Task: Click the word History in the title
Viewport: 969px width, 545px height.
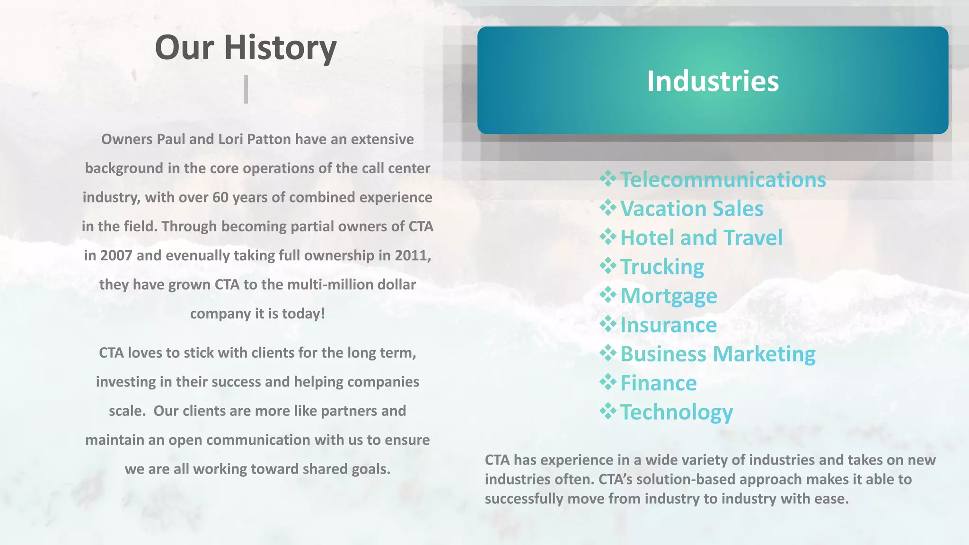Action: tap(280, 48)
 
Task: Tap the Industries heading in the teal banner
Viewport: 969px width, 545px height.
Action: tap(713, 81)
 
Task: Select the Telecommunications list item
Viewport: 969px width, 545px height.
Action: tap(722, 180)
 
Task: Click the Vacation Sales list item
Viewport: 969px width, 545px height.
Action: tap(691, 209)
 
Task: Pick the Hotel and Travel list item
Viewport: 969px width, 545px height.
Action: tap(701, 237)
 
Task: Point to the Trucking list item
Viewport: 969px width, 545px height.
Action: tap(662, 267)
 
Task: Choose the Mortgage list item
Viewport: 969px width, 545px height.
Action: tap(669, 296)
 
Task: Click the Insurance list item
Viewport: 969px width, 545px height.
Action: tap(668, 325)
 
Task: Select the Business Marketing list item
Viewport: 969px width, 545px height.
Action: tap(718, 354)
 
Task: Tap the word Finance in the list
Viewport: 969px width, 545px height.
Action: tap(658, 383)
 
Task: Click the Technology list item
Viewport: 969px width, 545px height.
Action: tap(676, 412)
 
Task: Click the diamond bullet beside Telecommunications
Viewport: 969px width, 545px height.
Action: tap(608, 178)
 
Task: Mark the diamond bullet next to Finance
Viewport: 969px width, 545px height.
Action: tap(608, 382)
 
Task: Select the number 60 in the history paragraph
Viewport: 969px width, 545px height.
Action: tap(220, 197)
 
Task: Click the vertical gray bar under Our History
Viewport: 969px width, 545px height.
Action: tap(246, 89)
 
